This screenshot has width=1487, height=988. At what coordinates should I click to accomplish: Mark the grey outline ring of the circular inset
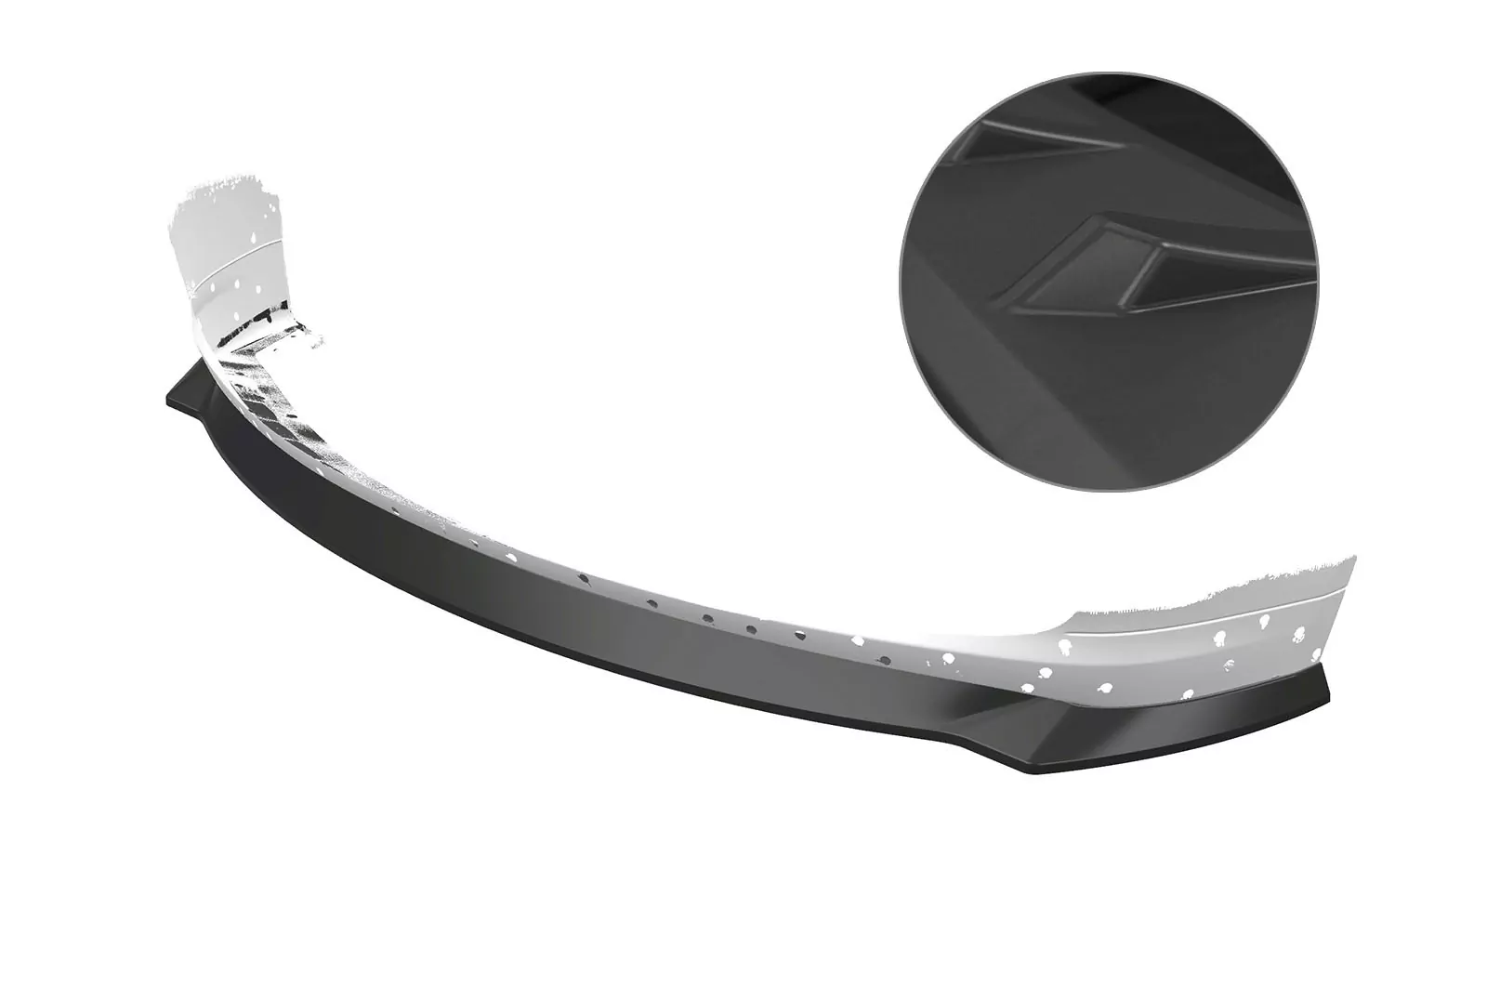[901, 279]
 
